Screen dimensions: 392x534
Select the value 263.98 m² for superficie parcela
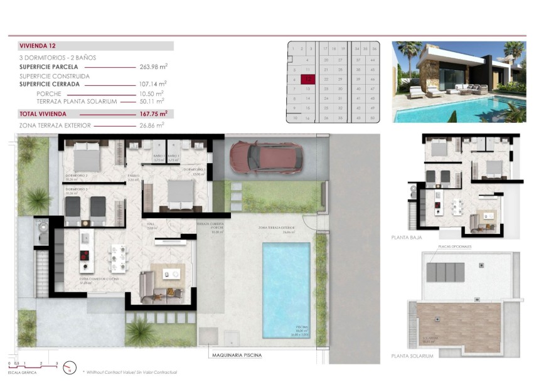[153, 66]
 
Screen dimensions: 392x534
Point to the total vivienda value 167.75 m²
[153, 114]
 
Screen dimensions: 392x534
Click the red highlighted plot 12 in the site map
[308, 80]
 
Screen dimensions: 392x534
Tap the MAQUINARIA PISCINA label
[236, 355]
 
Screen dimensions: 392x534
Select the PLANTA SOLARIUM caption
[412, 356]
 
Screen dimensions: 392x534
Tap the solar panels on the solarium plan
[446, 272]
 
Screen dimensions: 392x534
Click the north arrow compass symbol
[70, 368]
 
